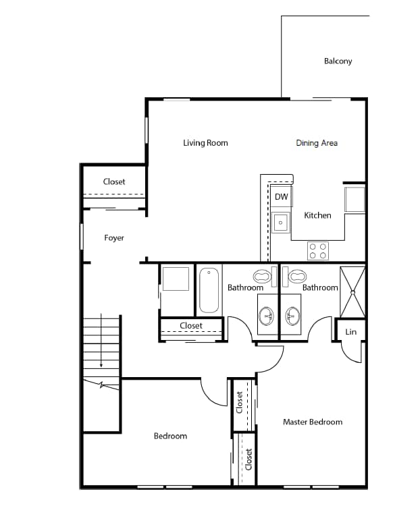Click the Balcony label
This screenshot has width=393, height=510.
click(338, 61)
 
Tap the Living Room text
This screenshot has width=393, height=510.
click(205, 143)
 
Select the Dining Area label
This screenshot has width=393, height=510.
click(316, 143)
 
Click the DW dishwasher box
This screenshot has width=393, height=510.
click(281, 197)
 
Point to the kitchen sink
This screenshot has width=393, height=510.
click(281, 221)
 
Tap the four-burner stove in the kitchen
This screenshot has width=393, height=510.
click(317, 251)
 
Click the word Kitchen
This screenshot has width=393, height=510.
click(317, 216)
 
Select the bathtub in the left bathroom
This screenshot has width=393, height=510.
click(209, 289)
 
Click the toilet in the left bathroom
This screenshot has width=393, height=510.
click(262, 275)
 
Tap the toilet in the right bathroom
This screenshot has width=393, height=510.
click(296, 275)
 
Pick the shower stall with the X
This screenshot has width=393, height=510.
click(352, 292)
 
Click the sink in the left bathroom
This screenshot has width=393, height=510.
click(267, 315)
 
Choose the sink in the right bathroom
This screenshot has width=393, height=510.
click(292, 315)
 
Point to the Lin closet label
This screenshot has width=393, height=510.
click(350, 332)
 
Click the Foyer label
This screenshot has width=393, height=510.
click(114, 238)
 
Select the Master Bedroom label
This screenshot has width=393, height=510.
click(312, 422)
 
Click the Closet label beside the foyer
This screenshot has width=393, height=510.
click(114, 182)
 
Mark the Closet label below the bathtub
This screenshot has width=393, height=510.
click(191, 326)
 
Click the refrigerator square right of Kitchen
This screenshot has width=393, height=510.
click(355, 200)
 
